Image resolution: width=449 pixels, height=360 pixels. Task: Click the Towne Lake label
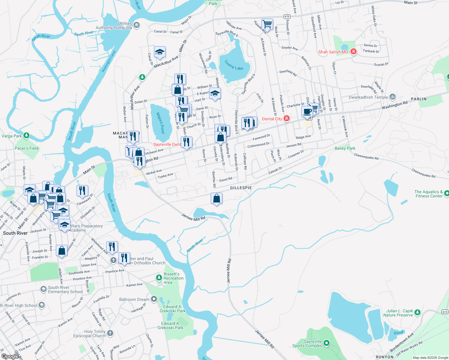pos(234,65)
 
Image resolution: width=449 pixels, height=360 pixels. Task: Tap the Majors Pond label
pos(161,123)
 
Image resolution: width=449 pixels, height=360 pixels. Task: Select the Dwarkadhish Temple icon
pos(393,97)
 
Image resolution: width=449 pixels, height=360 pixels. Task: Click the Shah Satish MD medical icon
pos(354,52)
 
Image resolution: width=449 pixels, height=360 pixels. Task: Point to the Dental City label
pos(272,119)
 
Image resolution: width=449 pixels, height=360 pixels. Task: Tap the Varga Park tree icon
pos(26,136)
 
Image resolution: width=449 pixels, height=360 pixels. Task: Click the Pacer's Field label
pos(27,148)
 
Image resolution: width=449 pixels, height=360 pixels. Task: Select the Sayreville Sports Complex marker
pos(327,343)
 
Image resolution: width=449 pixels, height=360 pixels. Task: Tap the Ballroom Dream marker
pos(154,299)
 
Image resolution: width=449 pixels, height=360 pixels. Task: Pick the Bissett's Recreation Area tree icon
pos(159,278)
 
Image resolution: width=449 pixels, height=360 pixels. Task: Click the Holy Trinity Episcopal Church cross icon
pos(110,333)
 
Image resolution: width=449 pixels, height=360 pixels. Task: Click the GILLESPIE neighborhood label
pos(241,188)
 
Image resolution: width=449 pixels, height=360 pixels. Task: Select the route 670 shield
pos(287,17)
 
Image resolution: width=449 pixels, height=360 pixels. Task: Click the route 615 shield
pos(445,312)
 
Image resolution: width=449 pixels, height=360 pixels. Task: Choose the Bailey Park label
pos(345,148)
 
